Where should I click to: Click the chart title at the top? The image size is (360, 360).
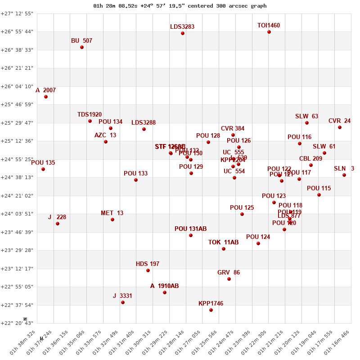[180, 6]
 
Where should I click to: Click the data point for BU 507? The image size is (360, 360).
[82, 47]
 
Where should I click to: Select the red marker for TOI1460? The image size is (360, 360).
[269, 32]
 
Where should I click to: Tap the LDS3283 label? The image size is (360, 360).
[182, 27]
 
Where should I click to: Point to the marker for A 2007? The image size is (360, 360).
[46, 97]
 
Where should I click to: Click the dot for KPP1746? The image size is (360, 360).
[211, 310]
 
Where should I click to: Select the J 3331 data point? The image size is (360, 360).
[123, 302]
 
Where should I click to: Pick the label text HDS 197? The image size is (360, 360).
[148, 264]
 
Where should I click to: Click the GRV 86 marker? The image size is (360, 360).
[229, 279]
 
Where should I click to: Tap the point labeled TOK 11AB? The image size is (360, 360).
[224, 249]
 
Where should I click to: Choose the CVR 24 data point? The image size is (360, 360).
[340, 127]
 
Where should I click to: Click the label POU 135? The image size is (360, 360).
[43, 162]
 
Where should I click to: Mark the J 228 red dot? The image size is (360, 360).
[58, 224]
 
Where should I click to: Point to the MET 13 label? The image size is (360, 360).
[112, 213]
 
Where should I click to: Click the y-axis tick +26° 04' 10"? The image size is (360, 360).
[17, 86]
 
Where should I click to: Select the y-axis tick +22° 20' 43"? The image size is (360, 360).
[17, 323]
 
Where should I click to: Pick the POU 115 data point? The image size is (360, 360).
[319, 195]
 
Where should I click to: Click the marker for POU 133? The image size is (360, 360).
[136, 180]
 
